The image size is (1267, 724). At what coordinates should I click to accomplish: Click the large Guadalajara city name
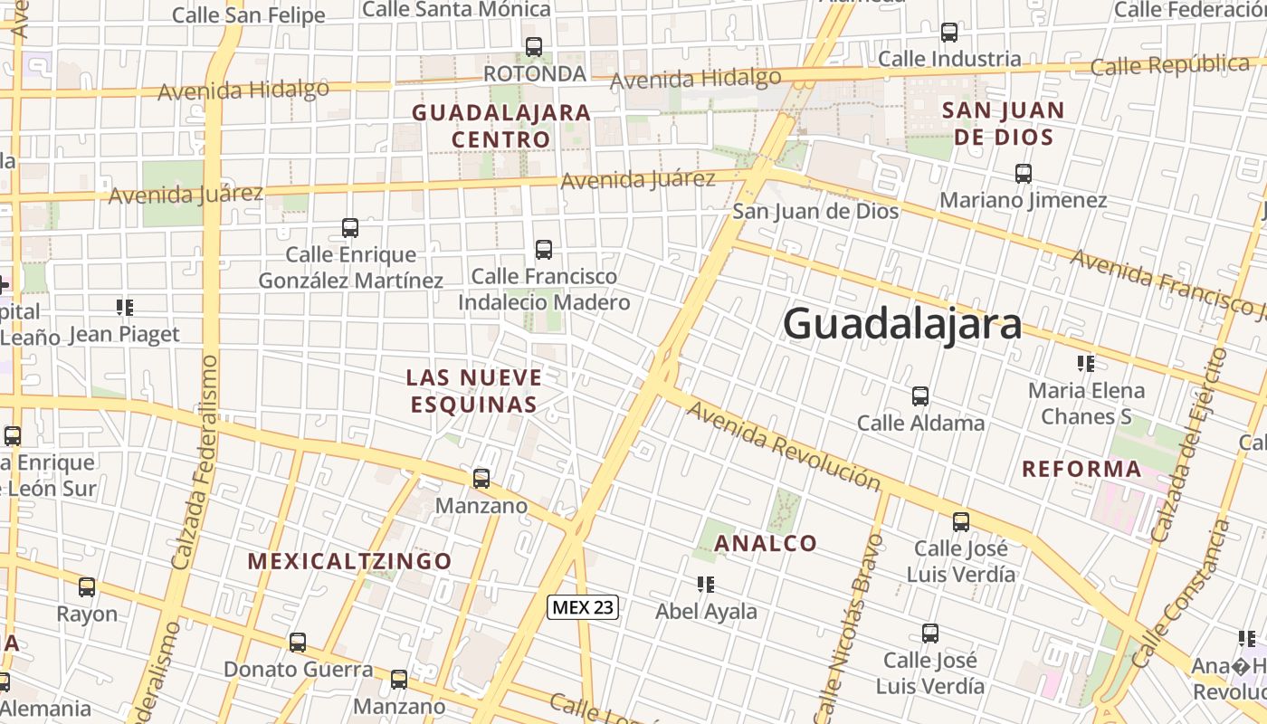[902, 323]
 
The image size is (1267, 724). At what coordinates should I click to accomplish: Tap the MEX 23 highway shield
[583, 607]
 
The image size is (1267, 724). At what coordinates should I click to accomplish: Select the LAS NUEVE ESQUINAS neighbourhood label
[474, 391]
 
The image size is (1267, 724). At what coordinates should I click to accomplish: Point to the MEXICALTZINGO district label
[349, 561]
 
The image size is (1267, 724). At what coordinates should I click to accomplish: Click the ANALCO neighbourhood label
[766, 544]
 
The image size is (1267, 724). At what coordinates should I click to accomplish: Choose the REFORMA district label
[1081, 470]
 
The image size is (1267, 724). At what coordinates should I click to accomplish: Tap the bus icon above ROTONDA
[534, 47]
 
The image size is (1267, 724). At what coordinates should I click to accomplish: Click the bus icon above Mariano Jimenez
[1024, 174]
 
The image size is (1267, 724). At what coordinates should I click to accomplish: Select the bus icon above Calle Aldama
[920, 396]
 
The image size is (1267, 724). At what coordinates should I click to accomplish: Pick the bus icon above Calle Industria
[949, 33]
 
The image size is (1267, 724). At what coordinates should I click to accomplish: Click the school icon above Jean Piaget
[125, 308]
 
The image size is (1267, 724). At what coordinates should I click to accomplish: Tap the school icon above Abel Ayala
[706, 585]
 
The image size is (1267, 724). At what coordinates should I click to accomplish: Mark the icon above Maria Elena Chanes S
[1086, 364]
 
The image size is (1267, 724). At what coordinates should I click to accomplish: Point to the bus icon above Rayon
[87, 587]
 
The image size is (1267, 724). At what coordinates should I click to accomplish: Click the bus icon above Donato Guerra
[298, 643]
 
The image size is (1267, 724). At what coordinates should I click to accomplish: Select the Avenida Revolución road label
[784, 446]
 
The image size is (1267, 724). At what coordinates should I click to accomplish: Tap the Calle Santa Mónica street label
[456, 10]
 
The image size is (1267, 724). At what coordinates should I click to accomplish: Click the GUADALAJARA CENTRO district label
[501, 126]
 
